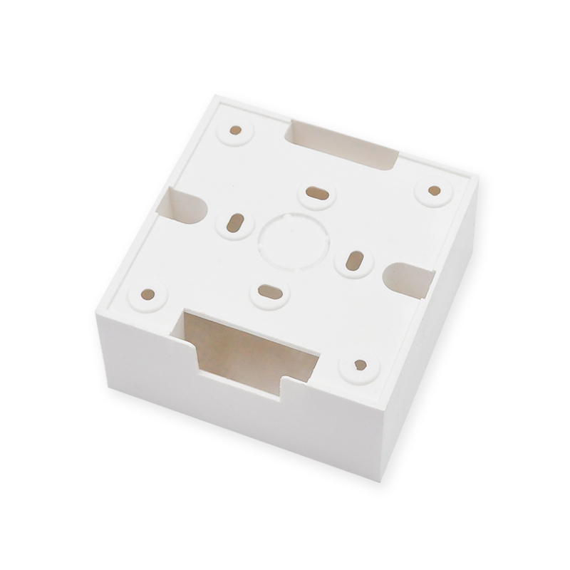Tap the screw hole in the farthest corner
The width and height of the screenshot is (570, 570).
(236, 130)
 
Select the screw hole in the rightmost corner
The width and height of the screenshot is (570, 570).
(434, 190)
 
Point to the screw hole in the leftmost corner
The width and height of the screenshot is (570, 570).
(148, 294)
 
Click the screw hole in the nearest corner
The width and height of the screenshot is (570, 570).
(360, 365)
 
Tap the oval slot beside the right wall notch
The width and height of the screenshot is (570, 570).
(354, 261)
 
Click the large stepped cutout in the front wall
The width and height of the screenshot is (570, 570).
(246, 349)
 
